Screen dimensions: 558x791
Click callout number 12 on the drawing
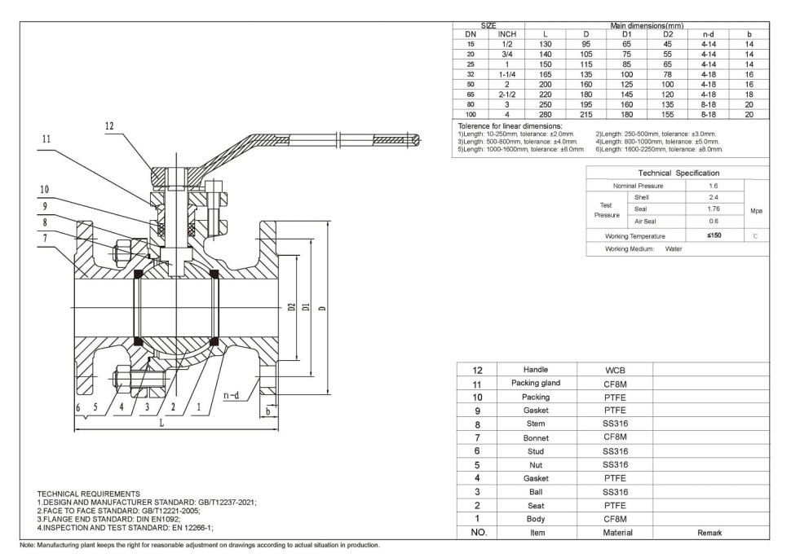tap(109, 126)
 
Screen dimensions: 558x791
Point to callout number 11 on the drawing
tap(46, 139)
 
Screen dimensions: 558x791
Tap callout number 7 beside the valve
tap(46, 237)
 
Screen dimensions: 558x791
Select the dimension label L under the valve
tap(161, 423)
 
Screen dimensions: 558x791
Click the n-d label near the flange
tap(231, 395)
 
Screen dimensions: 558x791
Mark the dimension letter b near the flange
tap(267, 412)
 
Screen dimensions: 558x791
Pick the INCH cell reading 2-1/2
tap(506, 94)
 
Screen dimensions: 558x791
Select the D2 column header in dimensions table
tap(668, 34)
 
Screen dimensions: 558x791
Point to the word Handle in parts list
tap(537, 370)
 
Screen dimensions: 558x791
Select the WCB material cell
tap(615, 370)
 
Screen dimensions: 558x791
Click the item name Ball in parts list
tap(537, 492)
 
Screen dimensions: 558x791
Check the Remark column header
tap(709, 533)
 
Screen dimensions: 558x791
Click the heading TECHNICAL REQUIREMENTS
tap(88, 494)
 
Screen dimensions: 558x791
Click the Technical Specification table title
tap(678, 173)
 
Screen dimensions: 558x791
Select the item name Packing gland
tap(537, 383)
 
